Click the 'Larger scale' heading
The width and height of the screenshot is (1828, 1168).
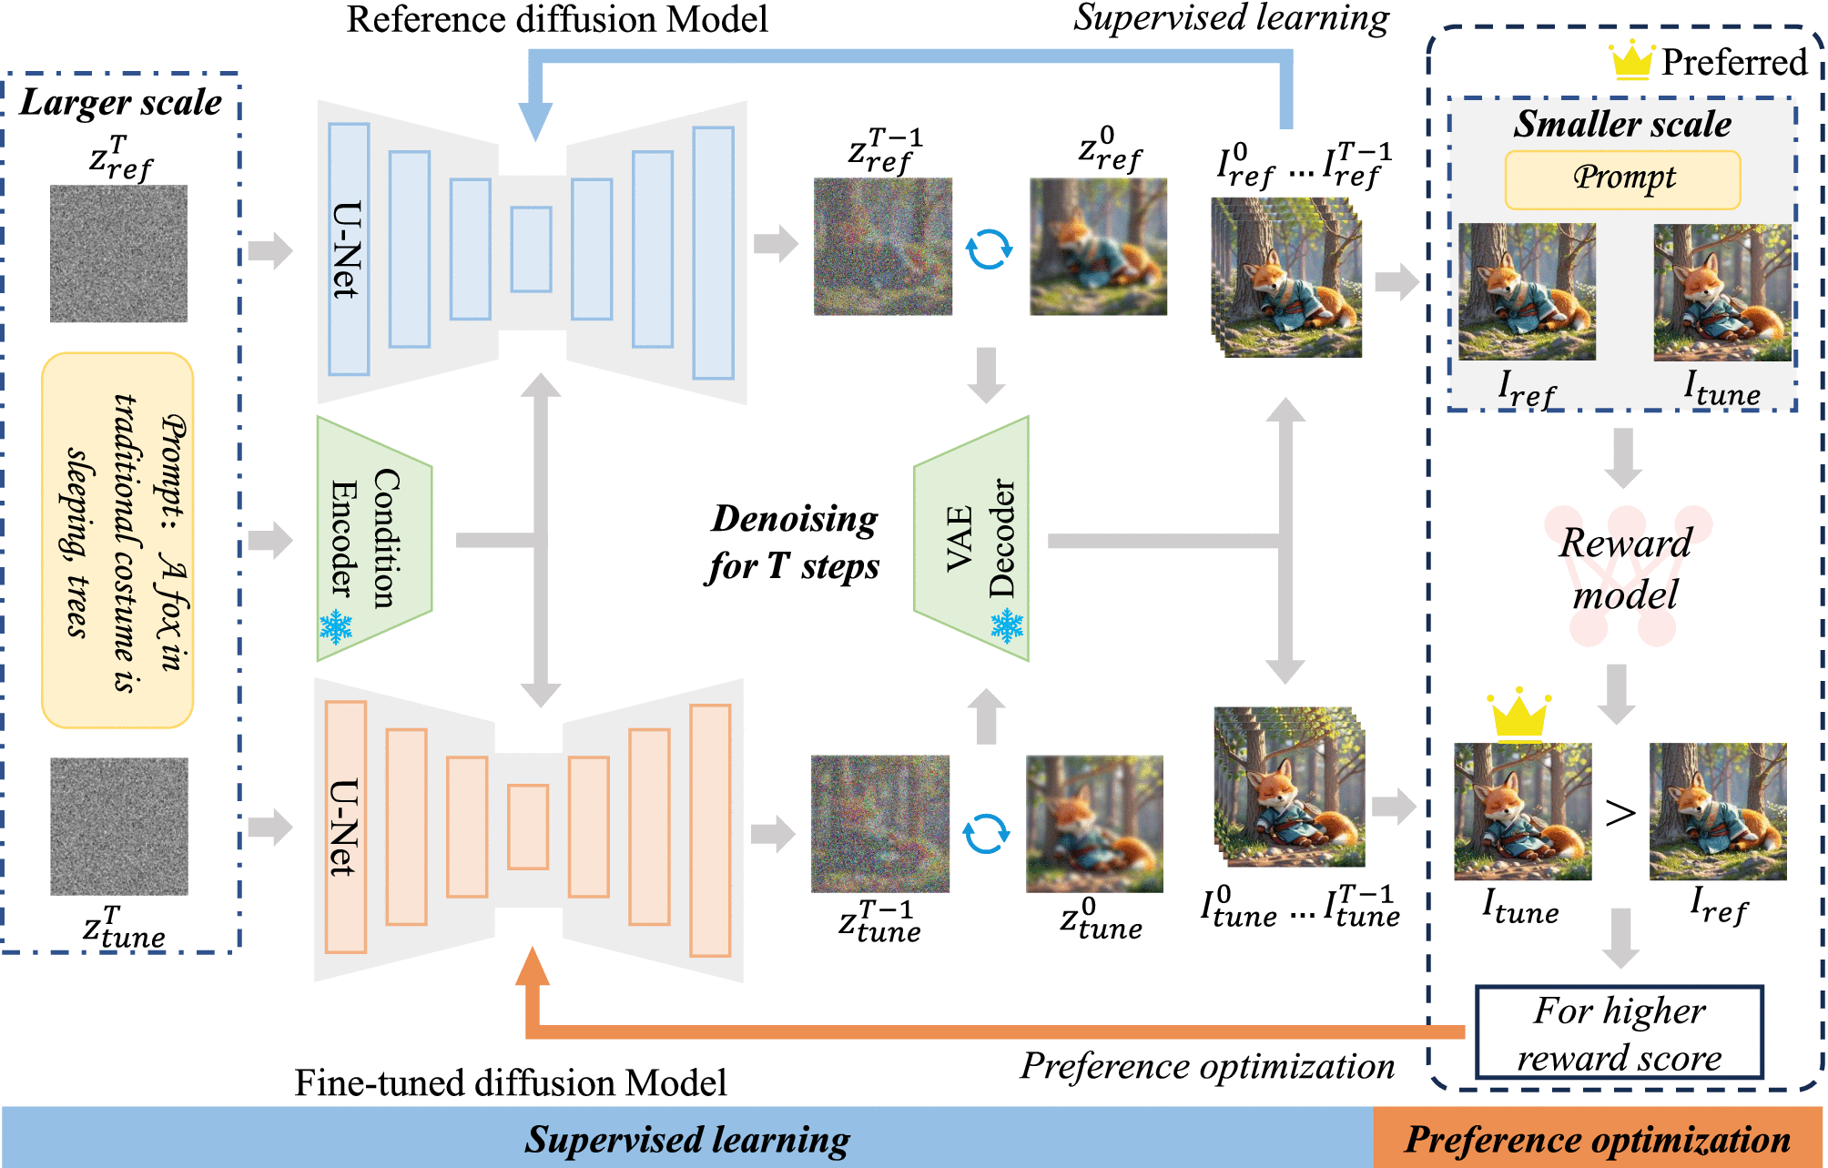(120, 103)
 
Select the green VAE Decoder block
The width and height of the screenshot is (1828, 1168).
(972, 539)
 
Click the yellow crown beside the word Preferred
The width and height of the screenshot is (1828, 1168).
(1631, 61)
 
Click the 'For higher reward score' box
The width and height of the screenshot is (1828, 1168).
(1619, 1032)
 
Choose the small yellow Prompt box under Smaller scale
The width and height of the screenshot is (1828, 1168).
(1622, 179)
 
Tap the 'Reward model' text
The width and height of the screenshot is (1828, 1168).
(1625, 569)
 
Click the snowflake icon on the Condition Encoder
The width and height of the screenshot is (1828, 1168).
(336, 627)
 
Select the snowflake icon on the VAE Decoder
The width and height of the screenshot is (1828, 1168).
(1007, 625)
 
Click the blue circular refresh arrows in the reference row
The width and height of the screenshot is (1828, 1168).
(989, 249)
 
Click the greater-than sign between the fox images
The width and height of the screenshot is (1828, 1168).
(1620, 812)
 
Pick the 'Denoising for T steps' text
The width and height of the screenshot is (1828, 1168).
(794, 542)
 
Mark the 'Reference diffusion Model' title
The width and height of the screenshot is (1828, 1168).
(557, 20)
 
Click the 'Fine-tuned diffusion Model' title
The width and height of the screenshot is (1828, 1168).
(511, 1082)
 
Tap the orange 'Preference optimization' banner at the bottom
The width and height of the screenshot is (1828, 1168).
(1598, 1139)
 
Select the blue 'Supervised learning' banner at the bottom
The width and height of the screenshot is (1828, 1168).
(687, 1139)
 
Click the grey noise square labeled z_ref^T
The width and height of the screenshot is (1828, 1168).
(118, 253)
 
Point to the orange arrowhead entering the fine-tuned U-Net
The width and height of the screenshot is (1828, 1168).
(533, 968)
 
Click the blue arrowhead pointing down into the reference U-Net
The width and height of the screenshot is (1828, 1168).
(535, 121)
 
